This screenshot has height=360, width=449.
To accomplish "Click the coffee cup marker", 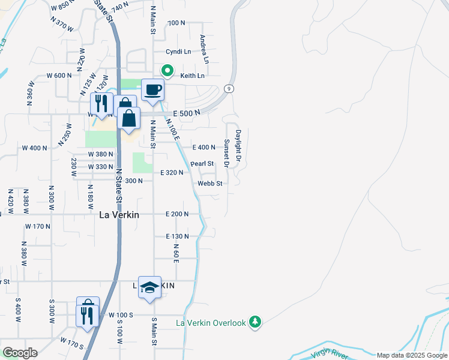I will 152,90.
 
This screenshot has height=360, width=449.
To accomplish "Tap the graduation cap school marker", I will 149,287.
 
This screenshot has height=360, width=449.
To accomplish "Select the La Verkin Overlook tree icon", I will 255,322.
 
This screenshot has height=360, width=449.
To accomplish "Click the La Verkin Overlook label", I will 211,323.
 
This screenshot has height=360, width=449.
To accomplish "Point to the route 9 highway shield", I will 229,89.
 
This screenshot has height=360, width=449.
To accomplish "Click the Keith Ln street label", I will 193,76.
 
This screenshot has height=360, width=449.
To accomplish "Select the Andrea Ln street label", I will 204,49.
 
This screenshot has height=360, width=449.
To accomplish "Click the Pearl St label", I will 202,163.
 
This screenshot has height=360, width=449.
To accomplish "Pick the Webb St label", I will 211,183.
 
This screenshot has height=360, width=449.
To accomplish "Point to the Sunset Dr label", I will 227,153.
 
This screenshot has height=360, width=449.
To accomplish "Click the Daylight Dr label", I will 238,146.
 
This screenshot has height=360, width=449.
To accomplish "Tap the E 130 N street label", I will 177,236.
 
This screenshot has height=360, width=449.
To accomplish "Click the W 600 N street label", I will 59,76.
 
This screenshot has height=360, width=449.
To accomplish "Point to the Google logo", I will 19,353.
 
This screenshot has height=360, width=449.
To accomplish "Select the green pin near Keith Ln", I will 169,70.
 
